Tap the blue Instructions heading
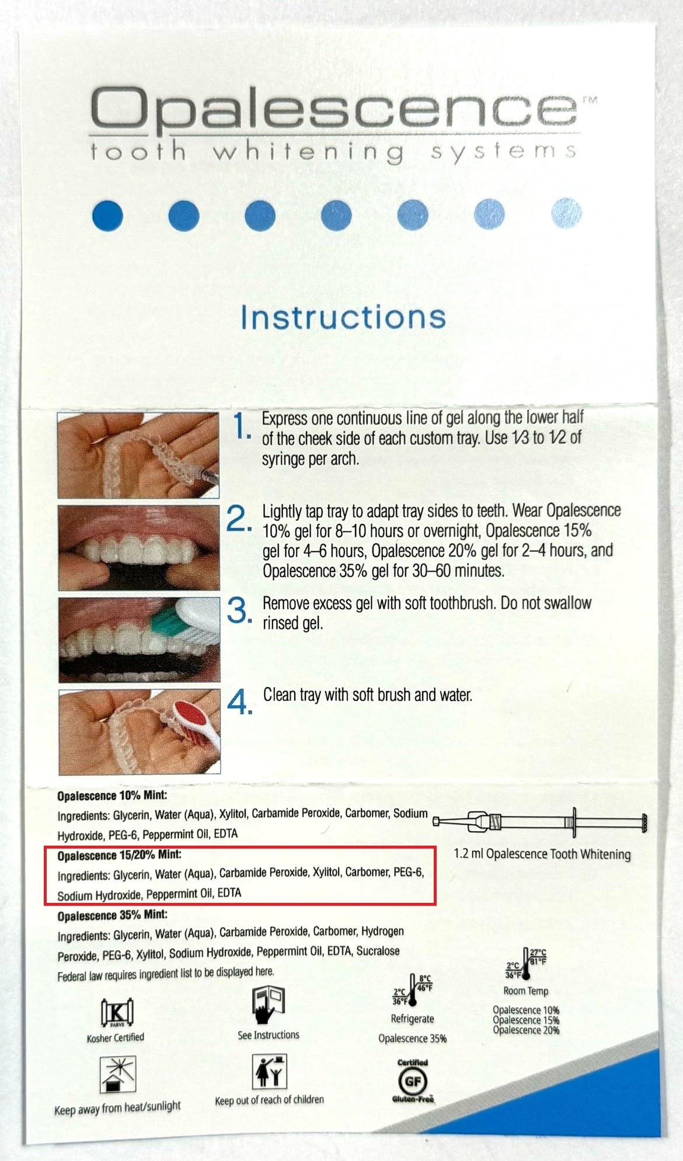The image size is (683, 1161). click(343, 317)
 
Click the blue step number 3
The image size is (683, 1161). click(239, 610)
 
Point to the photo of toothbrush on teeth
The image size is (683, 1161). click(140, 639)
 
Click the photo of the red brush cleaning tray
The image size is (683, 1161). click(140, 732)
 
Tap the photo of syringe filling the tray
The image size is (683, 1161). click(138, 455)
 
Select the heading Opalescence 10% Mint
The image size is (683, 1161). click(112, 795)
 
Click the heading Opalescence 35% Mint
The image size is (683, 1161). click(112, 915)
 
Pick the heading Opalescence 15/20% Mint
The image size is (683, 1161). click(119, 855)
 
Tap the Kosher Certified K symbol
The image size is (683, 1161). click(117, 1011)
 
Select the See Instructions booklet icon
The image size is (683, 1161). click(268, 1004)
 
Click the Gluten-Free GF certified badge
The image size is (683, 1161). click(413, 1081)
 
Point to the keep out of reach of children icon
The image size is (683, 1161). click(269, 1071)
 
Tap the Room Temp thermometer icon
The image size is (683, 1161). click(526, 963)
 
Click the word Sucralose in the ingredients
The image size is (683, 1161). click(378, 951)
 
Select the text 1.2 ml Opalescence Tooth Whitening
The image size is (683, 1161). click(542, 854)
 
